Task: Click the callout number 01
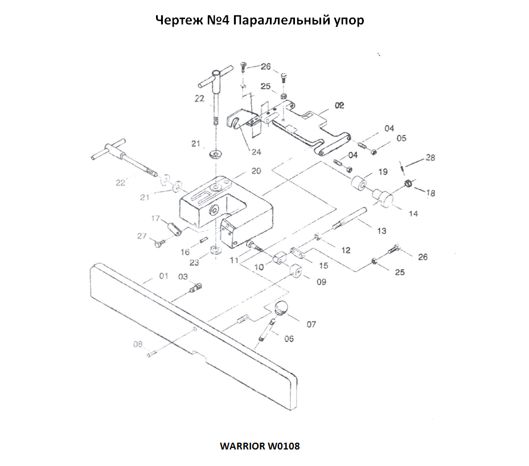point(164,276)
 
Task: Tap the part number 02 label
point(339,106)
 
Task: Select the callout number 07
point(311,324)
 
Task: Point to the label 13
point(382,230)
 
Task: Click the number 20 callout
point(256,171)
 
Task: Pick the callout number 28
point(430,158)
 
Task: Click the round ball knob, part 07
point(281,309)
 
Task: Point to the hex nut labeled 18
point(408,183)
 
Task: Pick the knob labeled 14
point(384,196)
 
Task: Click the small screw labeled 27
point(158,244)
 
